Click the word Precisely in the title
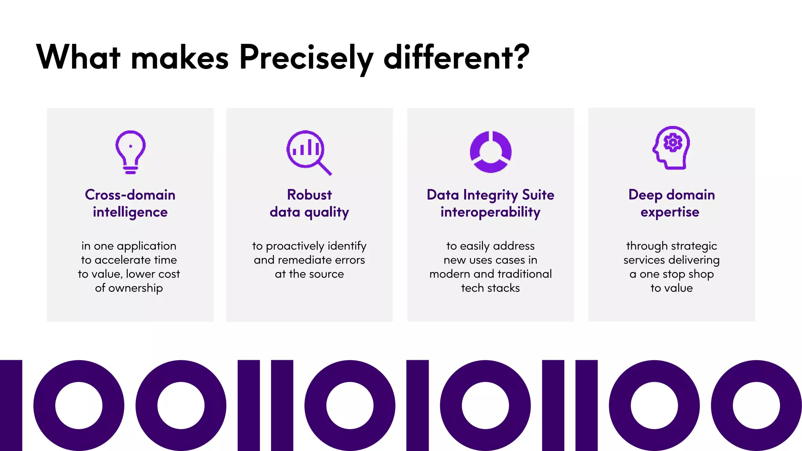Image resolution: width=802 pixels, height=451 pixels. pos(306,58)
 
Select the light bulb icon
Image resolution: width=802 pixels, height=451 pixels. pos(130,152)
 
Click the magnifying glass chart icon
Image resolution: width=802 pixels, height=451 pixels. pos(309,152)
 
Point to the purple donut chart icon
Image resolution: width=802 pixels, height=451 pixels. pos(490,152)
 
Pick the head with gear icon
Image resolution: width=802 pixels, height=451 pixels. pos(671,148)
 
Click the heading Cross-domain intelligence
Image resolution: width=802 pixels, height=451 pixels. pos(130,203)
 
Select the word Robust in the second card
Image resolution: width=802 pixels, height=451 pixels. pos(309,195)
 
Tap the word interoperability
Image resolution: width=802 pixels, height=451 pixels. pos(490,212)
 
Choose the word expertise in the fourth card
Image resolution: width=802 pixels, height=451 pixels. pos(670,212)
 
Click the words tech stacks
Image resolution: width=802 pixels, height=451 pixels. pos(490,289)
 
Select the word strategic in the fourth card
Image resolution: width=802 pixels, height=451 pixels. pos(694,246)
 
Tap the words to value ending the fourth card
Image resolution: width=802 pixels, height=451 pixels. pos(671,289)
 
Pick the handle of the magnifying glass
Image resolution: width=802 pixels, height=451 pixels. pos(325,168)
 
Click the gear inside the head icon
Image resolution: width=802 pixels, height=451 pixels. pos(673,143)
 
